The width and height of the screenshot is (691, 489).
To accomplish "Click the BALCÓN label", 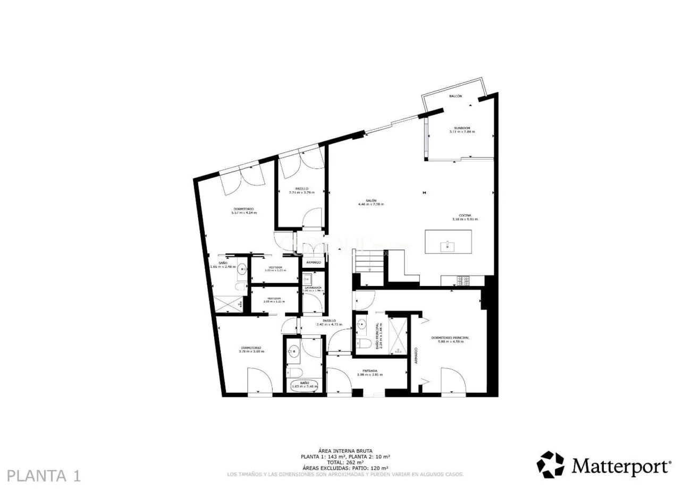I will click(456, 96).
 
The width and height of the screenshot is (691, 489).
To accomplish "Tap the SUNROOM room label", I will click(462, 128).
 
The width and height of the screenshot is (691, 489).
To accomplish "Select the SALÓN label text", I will click(371, 200).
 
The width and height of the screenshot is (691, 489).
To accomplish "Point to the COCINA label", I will click(465, 215).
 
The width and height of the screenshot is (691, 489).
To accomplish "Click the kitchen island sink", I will click(448, 246).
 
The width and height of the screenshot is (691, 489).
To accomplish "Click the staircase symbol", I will click(369, 263).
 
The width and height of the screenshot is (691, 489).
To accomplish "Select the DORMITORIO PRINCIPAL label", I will click(450, 338).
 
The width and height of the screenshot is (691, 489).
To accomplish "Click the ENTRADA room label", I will click(370, 371).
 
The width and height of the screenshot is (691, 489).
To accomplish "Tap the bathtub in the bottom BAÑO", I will click(305, 385).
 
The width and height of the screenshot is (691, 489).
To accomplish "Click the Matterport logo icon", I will click(550, 465).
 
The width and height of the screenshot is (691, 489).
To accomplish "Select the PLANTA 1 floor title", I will click(45, 475).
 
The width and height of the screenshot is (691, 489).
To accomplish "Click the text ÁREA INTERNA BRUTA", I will click(345, 451).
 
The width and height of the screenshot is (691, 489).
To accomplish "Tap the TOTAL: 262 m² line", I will click(345, 462).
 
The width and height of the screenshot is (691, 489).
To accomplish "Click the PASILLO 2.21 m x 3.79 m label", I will click(302, 190).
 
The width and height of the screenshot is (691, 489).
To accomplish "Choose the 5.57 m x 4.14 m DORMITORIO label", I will click(243, 210).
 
